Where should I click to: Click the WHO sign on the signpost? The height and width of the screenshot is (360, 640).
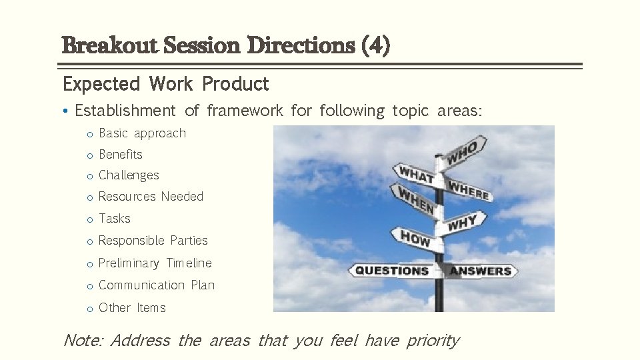[464, 151]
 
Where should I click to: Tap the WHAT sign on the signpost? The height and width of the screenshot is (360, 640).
[416, 175]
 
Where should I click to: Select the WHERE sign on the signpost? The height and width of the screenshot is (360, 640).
[469, 191]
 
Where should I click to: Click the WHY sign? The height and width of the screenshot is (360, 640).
[462, 223]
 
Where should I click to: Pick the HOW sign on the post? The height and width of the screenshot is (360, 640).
[416, 238]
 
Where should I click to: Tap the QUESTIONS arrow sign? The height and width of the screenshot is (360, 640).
[392, 271]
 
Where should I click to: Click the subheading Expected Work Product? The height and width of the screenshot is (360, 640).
[165, 84]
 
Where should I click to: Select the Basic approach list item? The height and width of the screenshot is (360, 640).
[142, 133]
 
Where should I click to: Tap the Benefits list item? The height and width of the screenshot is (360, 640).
[121, 155]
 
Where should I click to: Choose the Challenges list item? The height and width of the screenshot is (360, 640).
[129, 175]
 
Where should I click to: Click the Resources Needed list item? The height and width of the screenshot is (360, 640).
[151, 197]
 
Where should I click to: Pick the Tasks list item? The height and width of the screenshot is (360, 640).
[115, 219]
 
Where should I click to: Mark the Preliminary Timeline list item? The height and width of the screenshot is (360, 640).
[155, 263]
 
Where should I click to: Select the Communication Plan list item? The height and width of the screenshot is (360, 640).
[157, 285]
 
